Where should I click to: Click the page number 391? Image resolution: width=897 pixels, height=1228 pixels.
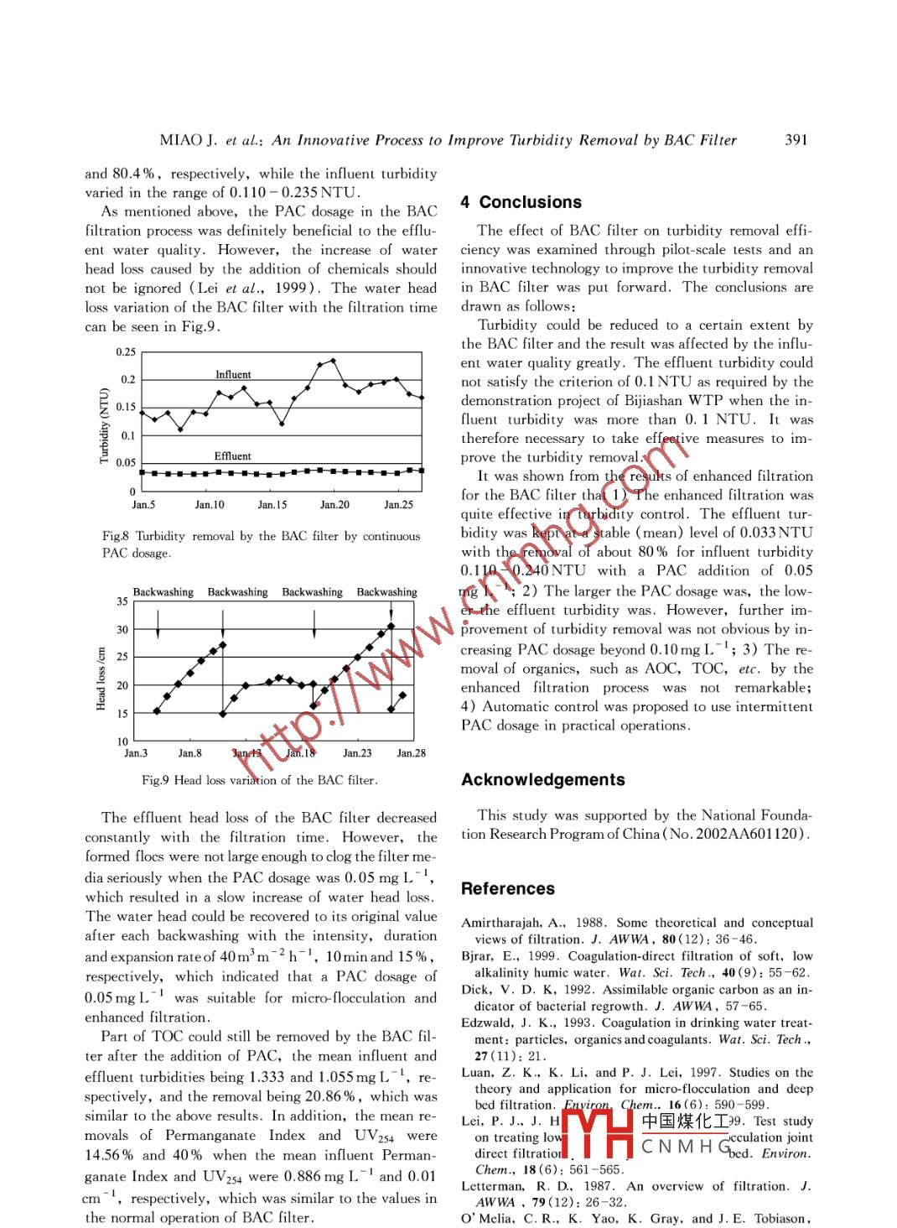click(x=796, y=140)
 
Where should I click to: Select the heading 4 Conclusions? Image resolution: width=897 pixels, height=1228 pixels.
click(x=521, y=202)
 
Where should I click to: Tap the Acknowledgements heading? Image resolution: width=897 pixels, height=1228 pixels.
click(x=542, y=780)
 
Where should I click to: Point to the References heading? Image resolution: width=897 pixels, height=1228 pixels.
click(x=507, y=889)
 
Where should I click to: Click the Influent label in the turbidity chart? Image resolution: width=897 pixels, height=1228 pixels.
click(x=233, y=375)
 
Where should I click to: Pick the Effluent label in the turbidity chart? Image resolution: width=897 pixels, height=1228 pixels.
click(x=232, y=456)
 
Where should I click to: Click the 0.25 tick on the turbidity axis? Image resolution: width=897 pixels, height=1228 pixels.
click(x=126, y=352)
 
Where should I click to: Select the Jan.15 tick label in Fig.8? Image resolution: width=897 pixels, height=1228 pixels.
click(x=272, y=505)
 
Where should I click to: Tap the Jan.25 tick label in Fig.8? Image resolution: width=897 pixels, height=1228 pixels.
click(x=398, y=505)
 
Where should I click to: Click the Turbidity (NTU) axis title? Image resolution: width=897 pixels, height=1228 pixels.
click(x=105, y=425)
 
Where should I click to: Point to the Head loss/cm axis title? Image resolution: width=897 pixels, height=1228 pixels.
click(x=101, y=679)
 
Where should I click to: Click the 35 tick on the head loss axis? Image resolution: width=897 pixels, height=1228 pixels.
click(x=122, y=601)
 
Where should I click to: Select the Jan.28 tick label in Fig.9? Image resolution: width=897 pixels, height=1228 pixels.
click(x=411, y=753)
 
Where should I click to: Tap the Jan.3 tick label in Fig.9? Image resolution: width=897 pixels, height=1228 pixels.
click(x=136, y=753)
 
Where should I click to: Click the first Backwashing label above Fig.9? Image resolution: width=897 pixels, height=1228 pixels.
click(x=163, y=592)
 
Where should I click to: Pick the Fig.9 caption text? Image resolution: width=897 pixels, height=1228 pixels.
click(x=259, y=780)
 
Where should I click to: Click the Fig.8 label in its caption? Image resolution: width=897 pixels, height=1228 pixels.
click(x=115, y=536)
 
